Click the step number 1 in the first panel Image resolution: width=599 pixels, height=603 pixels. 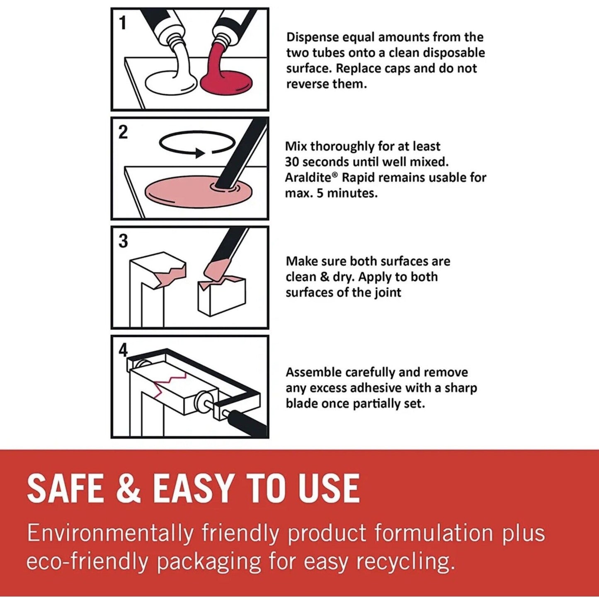point(122,23)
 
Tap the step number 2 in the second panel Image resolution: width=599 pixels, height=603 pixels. point(123,132)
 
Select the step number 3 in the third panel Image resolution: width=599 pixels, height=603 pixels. point(123,241)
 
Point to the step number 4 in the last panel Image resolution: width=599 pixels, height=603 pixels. point(123,350)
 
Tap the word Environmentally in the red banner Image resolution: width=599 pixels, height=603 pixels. point(110,533)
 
